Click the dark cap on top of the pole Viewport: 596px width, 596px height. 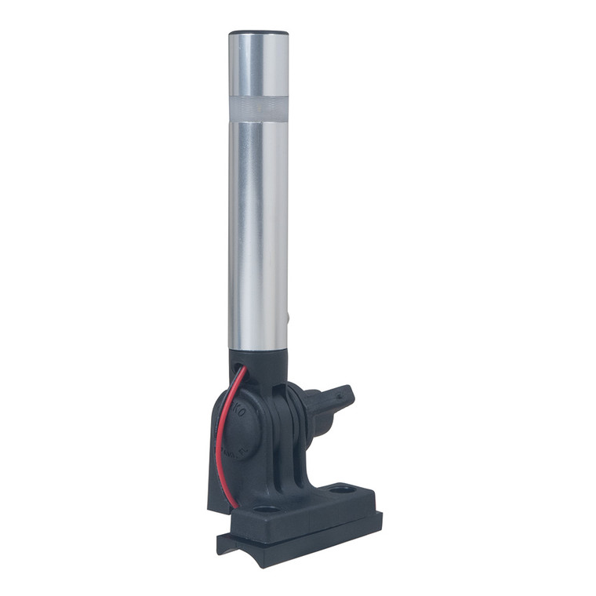(258, 34)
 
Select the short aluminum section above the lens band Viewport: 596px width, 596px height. (258, 67)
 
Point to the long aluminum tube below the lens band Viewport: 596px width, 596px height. (258, 235)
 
